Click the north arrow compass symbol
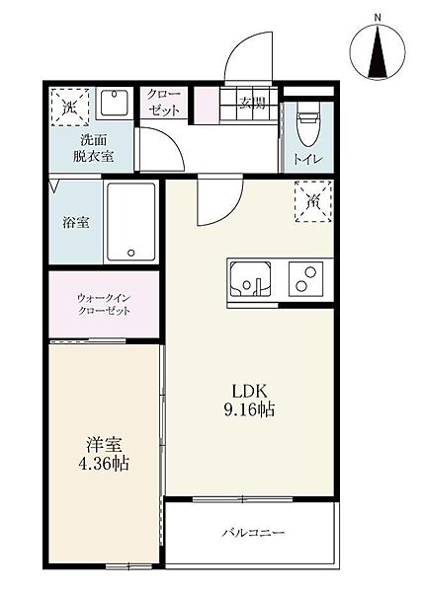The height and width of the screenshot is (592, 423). [378, 51]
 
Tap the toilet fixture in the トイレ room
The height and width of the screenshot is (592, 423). [308, 127]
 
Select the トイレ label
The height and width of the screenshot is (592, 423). [308, 159]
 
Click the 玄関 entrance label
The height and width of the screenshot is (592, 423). [252, 102]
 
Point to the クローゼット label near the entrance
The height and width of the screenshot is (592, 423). [164, 102]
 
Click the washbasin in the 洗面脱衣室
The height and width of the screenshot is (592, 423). [115, 104]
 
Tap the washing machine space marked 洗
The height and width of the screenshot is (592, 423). [70, 108]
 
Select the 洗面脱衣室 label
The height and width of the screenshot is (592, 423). [93, 148]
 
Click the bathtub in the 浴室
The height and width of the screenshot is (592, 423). [131, 221]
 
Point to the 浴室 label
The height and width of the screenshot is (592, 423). [76, 222]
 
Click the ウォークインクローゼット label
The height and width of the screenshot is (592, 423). [104, 304]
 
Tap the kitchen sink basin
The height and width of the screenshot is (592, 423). [251, 279]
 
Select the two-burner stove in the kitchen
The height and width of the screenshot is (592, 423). [306, 279]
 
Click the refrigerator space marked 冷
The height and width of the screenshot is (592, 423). [313, 201]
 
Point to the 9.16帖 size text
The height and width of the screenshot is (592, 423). [249, 409]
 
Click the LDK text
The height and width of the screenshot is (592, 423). [250, 392]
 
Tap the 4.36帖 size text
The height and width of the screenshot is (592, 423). [104, 464]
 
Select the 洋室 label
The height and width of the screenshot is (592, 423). [105, 444]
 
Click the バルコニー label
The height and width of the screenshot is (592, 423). [253, 533]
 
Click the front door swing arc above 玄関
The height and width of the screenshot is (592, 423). [242, 49]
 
